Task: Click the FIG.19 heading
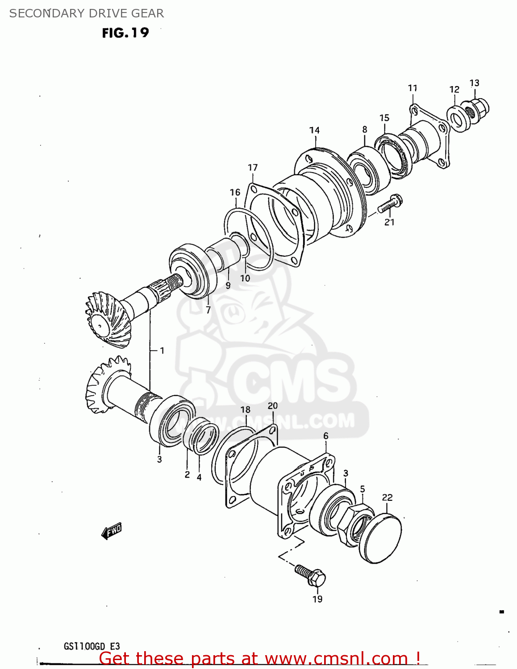(125, 33)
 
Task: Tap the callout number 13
(474, 83)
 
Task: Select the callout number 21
(389, 222)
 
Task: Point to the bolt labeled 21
(390, 204)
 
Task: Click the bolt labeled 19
(311, 575)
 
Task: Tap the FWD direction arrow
(111, 531)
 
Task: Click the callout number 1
(162, 351)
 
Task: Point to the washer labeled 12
(456, 119)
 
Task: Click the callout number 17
(253, 168)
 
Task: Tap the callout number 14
(314, 130)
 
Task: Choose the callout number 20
(272, 406)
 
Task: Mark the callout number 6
(326, 436)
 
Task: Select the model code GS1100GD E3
(92, 646)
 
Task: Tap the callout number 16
(235, 192)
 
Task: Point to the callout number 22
(387, 497)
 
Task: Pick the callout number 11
(413, 88)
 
